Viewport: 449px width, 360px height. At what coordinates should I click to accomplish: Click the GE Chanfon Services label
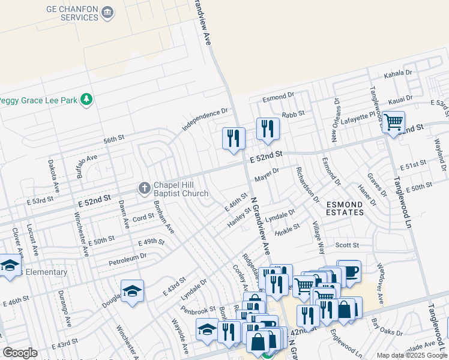coord(72,13)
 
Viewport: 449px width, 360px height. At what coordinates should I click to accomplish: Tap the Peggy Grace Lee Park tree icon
coord(88,100)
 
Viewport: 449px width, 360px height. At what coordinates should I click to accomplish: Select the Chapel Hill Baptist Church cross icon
coord(144,188)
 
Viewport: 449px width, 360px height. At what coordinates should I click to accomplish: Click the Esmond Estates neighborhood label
coord(345,208)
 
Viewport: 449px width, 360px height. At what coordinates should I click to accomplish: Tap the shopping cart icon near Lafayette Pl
coord(393,122)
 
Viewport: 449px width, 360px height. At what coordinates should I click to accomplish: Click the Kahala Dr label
coord(397,73)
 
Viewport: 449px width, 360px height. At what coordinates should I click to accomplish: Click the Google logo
coord(20,353)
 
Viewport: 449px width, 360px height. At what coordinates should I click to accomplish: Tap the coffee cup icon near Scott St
coord(349,271)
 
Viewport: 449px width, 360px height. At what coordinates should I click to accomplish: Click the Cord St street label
coord(143,218)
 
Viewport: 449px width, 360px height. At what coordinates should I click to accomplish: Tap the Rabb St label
coord(294,113)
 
